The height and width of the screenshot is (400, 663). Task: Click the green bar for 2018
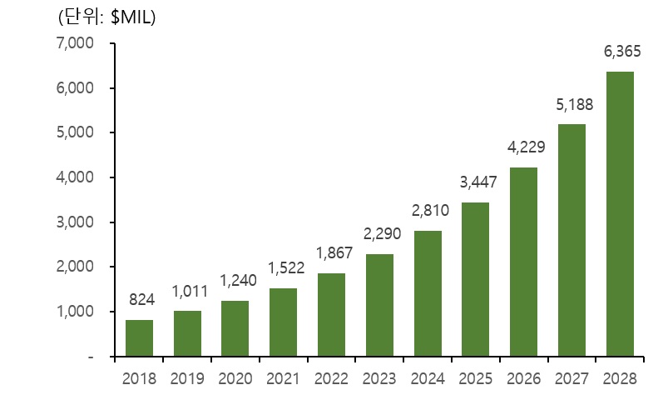[139, 337]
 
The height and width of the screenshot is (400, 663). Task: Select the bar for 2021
[283, 322]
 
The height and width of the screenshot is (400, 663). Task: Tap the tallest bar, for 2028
[620, 214]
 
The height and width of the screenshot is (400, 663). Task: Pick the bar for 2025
[475, 279]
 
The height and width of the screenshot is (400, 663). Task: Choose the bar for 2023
[379, 305]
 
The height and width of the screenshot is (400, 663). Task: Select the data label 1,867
[331, 254]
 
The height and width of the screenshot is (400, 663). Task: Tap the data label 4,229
[524, 148]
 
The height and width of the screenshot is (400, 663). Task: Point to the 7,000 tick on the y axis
[77, 43]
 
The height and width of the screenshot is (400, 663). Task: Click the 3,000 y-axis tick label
[77, 222]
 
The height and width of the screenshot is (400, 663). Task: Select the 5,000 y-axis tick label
[77, 132]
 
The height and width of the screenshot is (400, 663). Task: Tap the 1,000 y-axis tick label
[77, 312]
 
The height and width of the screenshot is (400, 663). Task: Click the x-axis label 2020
[235, 379]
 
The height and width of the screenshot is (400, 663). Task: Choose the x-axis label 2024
[428, 379]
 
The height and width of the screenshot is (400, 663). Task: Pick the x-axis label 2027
[571, 379]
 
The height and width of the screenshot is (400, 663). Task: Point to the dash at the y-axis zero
[89, 357]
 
